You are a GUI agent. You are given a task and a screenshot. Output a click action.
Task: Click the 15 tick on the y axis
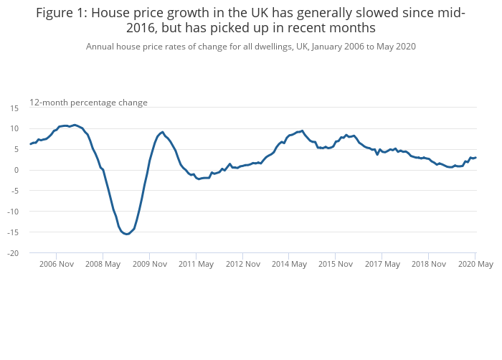click(14, 108)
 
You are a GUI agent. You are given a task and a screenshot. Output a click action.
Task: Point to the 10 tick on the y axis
click(14, 128)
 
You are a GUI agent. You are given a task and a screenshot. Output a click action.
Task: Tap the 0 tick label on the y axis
click(16, 170)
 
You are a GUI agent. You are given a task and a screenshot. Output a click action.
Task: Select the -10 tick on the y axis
click(14, 212)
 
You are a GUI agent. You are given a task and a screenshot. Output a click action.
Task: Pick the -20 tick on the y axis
click(14, 253)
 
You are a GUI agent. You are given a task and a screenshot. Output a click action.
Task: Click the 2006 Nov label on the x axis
click(57, 264)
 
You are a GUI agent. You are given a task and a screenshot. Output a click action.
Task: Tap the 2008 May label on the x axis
click(103, 264)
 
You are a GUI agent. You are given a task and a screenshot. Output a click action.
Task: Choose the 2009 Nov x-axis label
click(150, 264)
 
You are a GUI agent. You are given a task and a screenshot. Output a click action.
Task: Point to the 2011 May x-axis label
click(196, 264)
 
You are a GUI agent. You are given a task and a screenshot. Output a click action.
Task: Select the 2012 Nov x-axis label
click(242, 264)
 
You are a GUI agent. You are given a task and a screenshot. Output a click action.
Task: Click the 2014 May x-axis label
click(289, 264)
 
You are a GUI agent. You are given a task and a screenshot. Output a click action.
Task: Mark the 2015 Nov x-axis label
click(336, 264)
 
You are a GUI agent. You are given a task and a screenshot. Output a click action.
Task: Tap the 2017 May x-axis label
click(382, 264)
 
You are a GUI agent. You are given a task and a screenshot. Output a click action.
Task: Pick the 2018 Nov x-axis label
click(429, 264)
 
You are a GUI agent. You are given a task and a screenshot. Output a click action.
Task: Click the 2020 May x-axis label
click(475, 264)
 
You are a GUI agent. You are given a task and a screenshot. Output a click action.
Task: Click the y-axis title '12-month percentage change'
click(88, 103)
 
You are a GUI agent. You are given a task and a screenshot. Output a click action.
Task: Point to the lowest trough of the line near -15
click(127, 234)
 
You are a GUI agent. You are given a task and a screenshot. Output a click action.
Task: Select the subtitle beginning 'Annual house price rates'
click(251, 47)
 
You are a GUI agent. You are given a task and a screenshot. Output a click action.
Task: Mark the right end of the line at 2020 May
click(475, 158)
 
